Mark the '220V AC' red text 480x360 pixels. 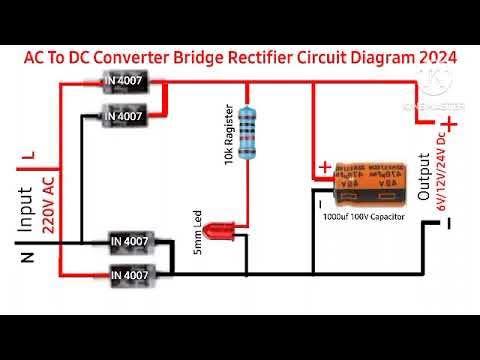coord(47,206)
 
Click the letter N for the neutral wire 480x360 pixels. coord(27,258)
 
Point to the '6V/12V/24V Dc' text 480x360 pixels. coord(441,176)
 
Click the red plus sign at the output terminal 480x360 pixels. coord(451,123)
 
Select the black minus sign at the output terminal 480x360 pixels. coord(449,224)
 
